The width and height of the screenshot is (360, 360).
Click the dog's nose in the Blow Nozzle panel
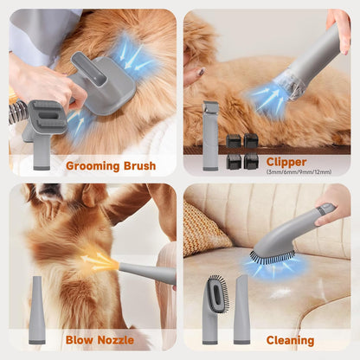48,188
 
